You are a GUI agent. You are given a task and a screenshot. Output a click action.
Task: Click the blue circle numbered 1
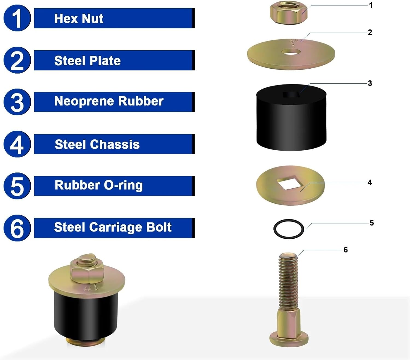coord(17,18)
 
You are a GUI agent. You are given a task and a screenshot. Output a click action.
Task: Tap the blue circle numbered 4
coord(17,144)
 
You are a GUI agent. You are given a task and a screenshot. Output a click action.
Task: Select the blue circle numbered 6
coord(17,228)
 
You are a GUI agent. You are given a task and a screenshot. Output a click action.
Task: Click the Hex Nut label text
coord(79,19)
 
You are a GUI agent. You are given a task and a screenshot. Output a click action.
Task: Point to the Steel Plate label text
coord(87,61)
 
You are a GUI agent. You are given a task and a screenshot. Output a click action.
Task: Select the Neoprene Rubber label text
coord(109,101)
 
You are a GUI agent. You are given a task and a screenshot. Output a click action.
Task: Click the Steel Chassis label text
coord(97,144)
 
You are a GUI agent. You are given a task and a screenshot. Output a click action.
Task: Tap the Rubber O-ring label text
coord(98,185)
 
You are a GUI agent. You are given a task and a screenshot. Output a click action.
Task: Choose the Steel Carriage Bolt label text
coord(113,227)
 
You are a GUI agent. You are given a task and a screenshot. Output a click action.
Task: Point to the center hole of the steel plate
coord(291,51)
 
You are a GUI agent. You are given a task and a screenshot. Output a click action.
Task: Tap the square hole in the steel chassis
coord(289,183)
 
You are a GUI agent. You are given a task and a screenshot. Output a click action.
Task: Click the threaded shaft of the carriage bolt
coord(288,282)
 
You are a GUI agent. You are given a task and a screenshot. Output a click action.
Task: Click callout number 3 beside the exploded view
coord(370,83)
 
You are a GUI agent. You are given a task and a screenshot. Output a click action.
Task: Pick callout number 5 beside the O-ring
coord(371,223)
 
